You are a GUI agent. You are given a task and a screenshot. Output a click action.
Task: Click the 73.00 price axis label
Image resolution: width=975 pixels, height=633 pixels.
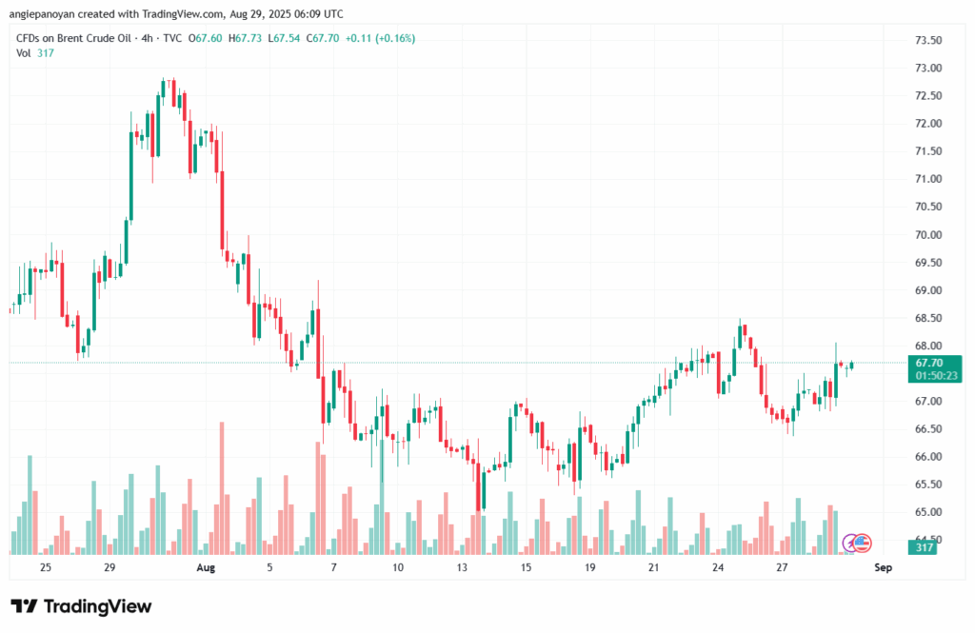(x=928, y=68)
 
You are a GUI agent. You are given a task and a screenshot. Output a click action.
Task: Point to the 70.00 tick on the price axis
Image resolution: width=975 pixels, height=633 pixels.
(x=928, y=235)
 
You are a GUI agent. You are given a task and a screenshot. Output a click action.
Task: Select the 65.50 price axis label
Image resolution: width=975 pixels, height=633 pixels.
(x=928, y=485)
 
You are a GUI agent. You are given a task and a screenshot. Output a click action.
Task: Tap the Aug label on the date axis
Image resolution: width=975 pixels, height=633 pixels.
(x=206, y=567)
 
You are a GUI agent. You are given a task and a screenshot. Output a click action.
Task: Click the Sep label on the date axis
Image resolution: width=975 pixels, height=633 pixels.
(x=883, y=567)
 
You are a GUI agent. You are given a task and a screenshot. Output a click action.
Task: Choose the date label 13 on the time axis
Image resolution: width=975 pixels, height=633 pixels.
(x=462, y=567)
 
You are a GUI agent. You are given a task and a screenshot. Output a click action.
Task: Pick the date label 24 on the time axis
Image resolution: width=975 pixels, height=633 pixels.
(x=718, y=567)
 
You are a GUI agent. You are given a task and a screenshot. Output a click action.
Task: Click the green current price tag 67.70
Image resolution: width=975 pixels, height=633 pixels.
(x=929, y=363)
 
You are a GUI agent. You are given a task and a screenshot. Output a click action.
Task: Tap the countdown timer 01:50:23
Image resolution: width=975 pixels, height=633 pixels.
(x=936, y=376)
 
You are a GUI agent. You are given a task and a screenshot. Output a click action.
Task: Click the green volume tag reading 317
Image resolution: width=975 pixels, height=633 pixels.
(x=924, y=547)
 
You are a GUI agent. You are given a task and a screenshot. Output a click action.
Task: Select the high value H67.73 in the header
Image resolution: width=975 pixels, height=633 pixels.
(x=245, y=39)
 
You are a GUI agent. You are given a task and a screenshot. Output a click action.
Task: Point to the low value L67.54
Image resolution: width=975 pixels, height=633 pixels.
(x=284, y=39)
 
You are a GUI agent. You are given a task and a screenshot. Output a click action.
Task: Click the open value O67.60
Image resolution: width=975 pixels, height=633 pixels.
(x=205, y=39)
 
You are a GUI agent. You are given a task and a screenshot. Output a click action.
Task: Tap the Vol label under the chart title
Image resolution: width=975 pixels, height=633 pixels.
(x=24, y=53)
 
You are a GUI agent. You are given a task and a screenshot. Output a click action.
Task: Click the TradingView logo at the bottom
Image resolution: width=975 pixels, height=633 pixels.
(x=81, y=606)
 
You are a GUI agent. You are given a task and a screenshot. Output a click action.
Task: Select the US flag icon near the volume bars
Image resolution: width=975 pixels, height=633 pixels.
(x=861, y=544)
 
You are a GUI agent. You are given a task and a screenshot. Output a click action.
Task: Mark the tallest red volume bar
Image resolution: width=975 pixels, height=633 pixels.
(x=222, y=488)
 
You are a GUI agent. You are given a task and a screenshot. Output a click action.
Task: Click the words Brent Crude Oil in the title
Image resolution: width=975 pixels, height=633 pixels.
(x=94, y=39)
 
